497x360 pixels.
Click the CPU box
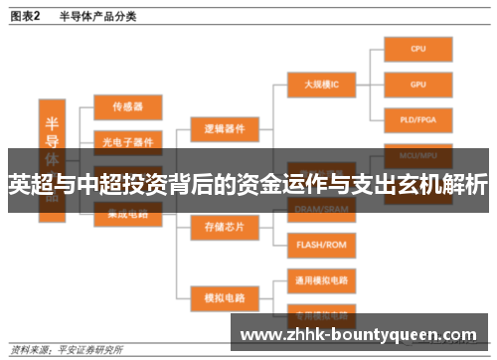418,49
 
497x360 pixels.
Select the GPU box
418,85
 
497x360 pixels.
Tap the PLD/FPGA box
418,120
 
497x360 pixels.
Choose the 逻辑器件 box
225,129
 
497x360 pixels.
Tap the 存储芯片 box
225,227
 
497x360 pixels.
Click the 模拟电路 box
225,295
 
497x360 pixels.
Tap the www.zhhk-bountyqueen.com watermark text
359,333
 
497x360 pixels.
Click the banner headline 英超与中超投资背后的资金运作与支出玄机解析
248,185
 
